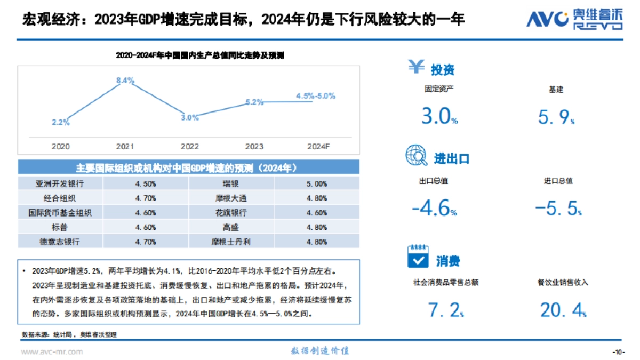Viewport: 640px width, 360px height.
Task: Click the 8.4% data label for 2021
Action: (125, 81)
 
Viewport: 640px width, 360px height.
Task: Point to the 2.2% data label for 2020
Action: (61, 122)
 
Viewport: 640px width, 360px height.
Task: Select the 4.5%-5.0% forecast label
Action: (315, 96)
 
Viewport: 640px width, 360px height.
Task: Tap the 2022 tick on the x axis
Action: (190, 146)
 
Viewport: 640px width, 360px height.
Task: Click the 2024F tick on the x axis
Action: (318, 146)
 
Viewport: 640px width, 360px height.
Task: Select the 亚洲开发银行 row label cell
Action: (61, 183)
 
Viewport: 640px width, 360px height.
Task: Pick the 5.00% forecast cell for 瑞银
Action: (317, 183)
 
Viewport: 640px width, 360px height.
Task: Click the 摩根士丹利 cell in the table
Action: (231, 242)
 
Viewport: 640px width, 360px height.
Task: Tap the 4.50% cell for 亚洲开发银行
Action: (146, 183)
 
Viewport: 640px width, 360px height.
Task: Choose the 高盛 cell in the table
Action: (231, 227)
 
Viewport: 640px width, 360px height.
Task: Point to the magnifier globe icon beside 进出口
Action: (415, 156)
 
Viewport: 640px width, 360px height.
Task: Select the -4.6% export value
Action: (434, 208)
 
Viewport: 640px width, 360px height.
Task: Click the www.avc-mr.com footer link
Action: (52, 351)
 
